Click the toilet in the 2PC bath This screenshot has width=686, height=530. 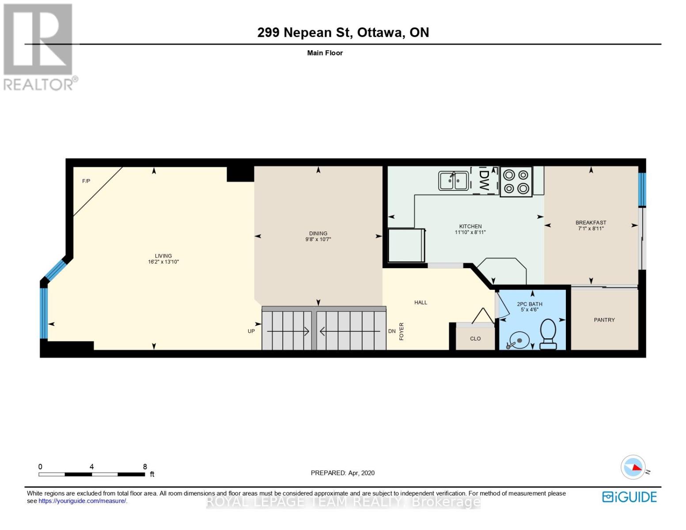point(548,334)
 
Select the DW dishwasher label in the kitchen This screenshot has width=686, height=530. point(484,180)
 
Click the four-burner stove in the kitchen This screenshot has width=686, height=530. point(516,182)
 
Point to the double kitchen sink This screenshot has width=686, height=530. point(453,181)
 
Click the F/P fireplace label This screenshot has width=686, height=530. point(86,181)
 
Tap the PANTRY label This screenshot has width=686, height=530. point(604,320)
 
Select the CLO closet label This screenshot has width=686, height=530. point(475,339)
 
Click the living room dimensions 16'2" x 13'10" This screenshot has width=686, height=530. point(163,261)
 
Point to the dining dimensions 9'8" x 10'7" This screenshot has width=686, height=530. point(318,239)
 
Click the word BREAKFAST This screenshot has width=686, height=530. point(591,223)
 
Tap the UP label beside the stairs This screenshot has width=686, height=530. point(251,331)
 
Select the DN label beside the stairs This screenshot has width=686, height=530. point(392,331)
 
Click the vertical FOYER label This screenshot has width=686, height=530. point(402,331)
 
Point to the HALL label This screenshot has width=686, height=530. point(421,303)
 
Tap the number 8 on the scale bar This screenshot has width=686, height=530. point(145,466)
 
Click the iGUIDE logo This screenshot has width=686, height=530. point(629,497)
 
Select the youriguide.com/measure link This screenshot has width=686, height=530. point(83,501)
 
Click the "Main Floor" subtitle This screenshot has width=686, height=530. point(325,53)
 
